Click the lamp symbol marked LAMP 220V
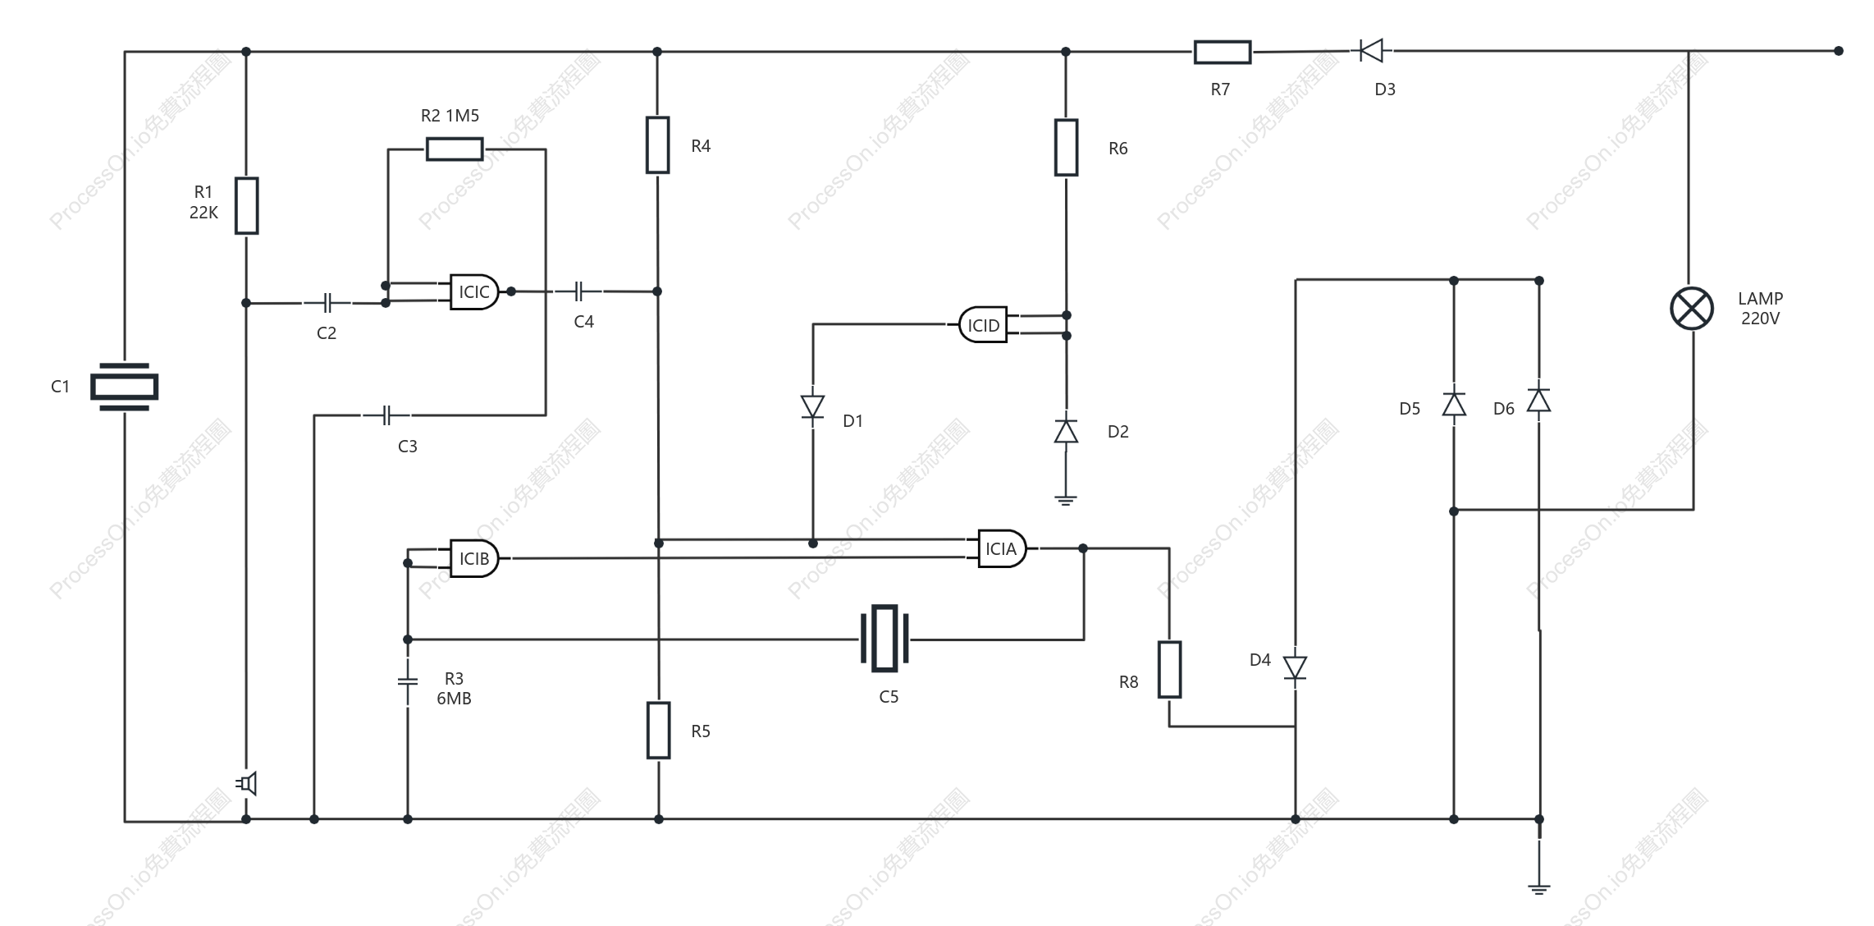[1692, 309]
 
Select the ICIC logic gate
[474, 291]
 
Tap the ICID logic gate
[983, 325]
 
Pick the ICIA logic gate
[1002, 548]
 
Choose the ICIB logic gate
[474, 558]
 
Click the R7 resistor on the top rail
[1223, 52]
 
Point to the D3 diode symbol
[1371, 51]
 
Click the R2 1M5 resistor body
[455, 149]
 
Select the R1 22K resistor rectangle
[247, 205]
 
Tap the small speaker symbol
[247, 784]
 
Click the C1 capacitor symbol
[124, 386]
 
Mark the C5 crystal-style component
[884, 639]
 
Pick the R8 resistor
[1169, 670]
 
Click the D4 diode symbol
[1296, 668]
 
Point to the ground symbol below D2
[1066, 500]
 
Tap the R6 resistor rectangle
[1067, 148]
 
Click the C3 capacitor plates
[387, 415]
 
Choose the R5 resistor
[659, 731]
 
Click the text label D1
[853, 421]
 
